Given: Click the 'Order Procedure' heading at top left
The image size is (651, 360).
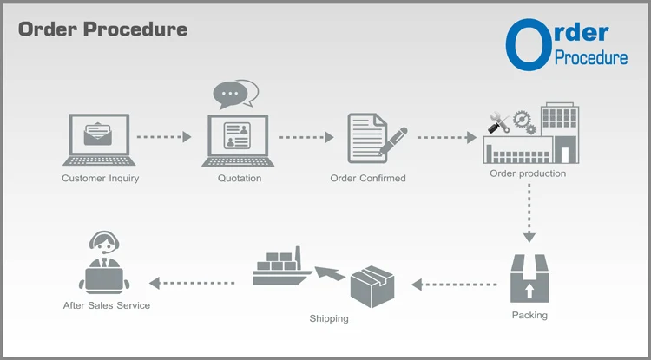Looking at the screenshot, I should point(102,29).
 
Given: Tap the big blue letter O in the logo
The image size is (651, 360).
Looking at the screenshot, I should point(528,44).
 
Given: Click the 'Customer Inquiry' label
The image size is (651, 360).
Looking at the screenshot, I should point(100,179).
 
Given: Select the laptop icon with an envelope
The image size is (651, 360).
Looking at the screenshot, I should point(100,140).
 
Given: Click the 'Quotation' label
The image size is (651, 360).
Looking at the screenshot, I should point(239,179).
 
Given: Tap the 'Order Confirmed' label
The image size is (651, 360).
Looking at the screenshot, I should point(368,179).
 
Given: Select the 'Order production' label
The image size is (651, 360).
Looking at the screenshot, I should point(528,173).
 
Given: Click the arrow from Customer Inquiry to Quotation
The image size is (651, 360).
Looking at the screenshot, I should point(164,136).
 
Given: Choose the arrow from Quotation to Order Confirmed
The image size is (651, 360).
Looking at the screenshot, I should point(306,136).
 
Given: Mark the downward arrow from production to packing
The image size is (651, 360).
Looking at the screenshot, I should point(529,213).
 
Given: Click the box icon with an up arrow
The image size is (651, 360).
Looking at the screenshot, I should point(529,278).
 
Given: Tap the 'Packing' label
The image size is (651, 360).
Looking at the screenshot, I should point(529,315).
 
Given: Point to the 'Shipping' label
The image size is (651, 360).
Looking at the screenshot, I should point(329,318).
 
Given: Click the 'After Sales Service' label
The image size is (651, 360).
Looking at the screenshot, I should point(107,305).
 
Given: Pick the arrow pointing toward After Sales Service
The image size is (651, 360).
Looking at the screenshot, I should point(192,283).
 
